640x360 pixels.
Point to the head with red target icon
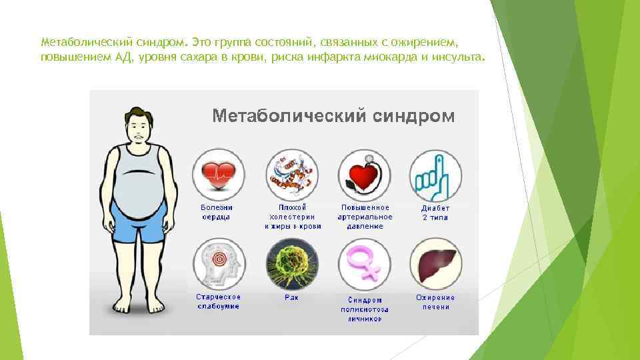[x=219, y=263]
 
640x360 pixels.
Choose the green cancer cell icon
[x=292, y=263]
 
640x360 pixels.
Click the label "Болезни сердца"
[x=217, y=212]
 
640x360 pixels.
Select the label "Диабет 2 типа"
[x=435, y=212]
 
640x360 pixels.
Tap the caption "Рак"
[x=291, y=297]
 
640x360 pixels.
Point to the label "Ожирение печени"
[x=435, y=302]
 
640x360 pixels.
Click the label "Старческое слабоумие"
[x=218, y=301]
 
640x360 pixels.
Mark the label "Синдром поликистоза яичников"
[x=365, y=309]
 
